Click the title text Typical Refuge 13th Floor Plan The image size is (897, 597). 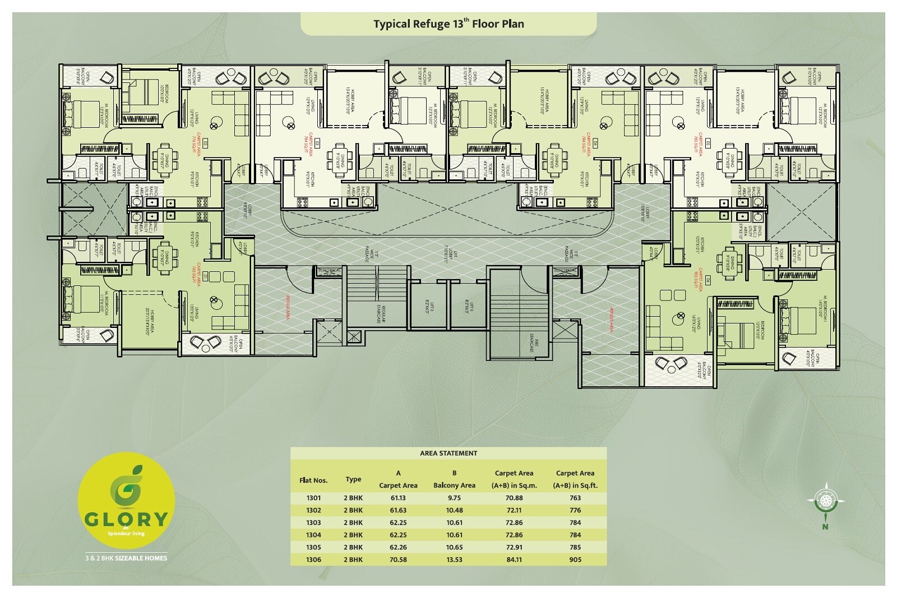tap(449, 24)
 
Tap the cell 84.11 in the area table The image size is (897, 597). tap(514, 559)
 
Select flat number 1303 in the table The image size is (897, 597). tap(313, 522)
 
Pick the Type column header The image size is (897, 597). tap(353, 479)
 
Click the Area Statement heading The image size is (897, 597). tap(449, 453)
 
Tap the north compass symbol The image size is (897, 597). tap(825, 501)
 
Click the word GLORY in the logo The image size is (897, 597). tap(126, 519)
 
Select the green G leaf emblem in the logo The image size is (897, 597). tap(127, 488)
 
